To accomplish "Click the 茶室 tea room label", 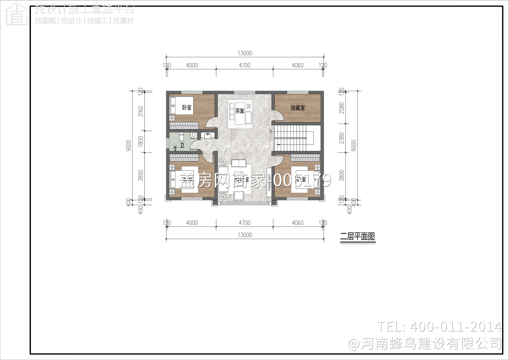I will pyautogui.click(x=240, y=111).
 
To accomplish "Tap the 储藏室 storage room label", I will pyautogui.click(x=298, y=108).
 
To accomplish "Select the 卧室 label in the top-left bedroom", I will pyautogui.click(x=187, y=108).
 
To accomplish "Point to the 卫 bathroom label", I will pyautogui.click(x=182, y=145).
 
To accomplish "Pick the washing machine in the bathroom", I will pyautogui.click(x=194, y=135).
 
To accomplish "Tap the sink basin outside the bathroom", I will pyautogui.click(x=207, y=136).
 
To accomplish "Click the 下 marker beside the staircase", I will pyautogui.click(x=271, y=132).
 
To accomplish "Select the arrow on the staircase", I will pyautogui.click(x=278, y=145).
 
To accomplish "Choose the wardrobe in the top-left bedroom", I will pyautogui.click(x=184, y=125).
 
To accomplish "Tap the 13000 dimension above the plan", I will pyautogui.click(x=245, y=53).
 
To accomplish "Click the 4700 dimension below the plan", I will pyautogui.click(x=244, y=223).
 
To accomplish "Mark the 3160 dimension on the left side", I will pyautogui.click(x=141, y=111).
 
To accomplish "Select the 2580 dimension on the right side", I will pyautogui.click(x=342, y=108).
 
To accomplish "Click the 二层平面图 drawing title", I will pyautogui.click(x=358, y=237).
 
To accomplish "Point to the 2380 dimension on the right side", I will pyautogui.click(x=342, y=138).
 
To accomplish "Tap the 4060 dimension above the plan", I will pyautogui.click(x=298, y=65).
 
